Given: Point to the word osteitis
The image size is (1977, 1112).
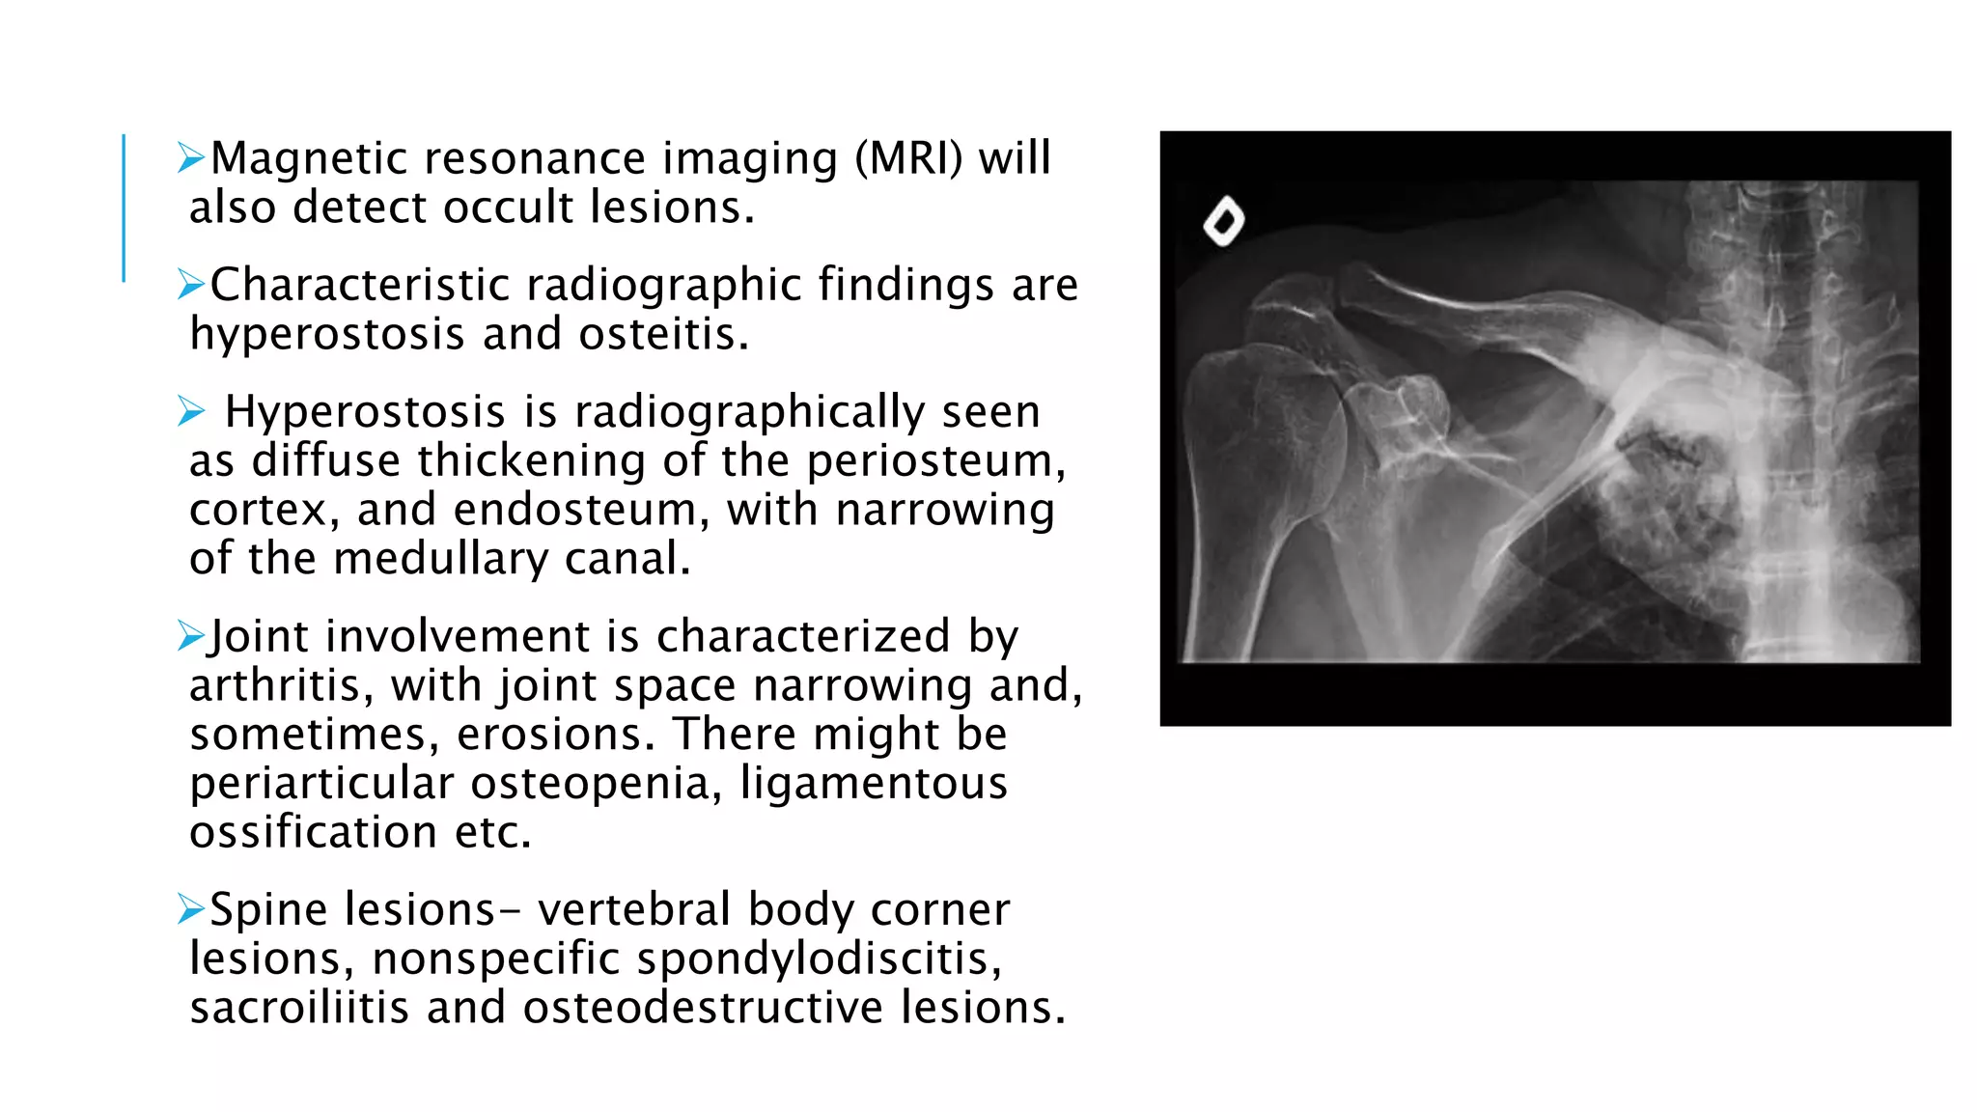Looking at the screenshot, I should (x=663, y=335).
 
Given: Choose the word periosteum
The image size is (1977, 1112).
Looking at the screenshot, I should (x=935, y=461).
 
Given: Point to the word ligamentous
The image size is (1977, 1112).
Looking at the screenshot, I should (x=874, y=784).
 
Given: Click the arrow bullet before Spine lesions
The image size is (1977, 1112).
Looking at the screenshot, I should (x=191, y=908).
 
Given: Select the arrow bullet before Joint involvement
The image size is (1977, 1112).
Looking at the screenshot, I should (x=191, y=635).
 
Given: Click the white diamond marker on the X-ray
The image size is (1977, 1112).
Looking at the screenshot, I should (x=1223, y=222).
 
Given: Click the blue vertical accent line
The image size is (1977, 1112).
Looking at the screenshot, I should (x=124, y=208).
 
